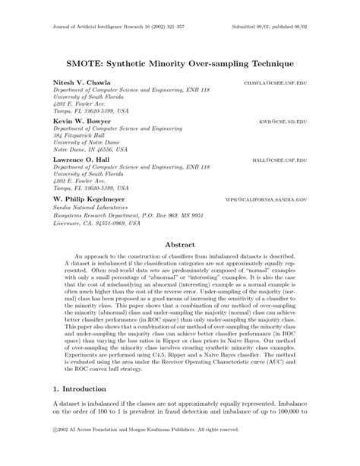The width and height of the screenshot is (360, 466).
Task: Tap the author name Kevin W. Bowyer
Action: pyautogui.click(x=81, y=121)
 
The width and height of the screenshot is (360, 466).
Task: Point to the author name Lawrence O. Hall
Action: pyautogui.click(x=82, y=160)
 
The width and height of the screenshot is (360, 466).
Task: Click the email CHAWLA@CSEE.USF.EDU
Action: pyautogui.click(x=275, y=81)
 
